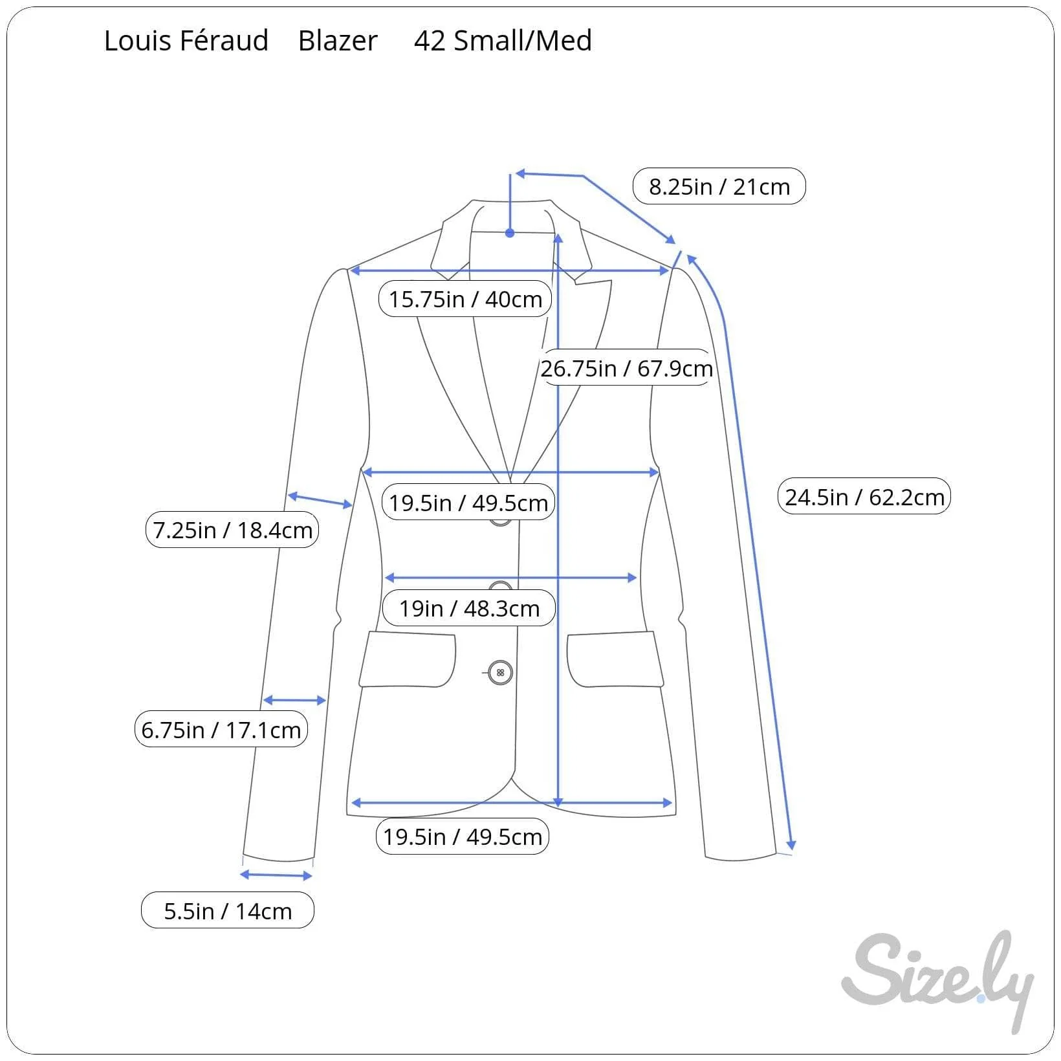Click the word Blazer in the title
tap(338, 41)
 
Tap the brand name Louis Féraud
tap(186, 41)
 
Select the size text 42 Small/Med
tap(503, 41)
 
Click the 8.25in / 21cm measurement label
tap(719, 186)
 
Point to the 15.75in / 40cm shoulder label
tap(465, 299)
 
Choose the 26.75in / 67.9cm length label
tap(626, 368)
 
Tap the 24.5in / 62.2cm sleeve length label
tap(864, 497)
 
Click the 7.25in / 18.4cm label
tap(232, 530)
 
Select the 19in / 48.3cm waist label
tap(469, 608)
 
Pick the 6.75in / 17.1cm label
tap(221, 729)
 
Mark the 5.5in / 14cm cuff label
tap(228, 910)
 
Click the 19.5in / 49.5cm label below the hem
tap(463, 837)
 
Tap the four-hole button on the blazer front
tap(500, 673)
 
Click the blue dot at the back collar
tap(510, 233)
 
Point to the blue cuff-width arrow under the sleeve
tap(276, 875)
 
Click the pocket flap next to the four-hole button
tap(408, 659)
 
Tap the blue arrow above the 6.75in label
tap(294, 700)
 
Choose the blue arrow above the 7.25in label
tap(320, 500)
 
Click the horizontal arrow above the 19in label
tap(511, 577)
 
